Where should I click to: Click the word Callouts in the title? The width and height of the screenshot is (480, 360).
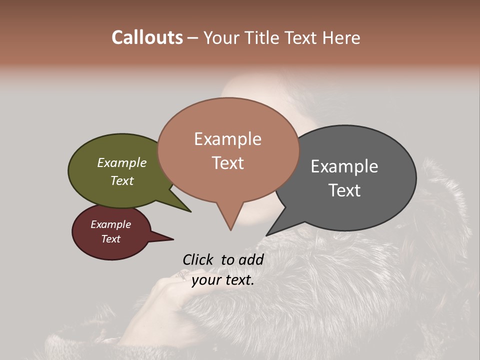coord(147,37)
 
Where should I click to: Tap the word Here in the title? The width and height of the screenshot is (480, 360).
coord(342,37)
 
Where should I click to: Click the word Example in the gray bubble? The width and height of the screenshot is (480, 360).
coord(344,166)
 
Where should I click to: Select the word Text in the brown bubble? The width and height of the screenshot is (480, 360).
coord(228,163)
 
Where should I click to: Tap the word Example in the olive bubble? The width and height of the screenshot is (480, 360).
coord(122,163)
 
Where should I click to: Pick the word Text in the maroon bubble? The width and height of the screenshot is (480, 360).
coord(111,239)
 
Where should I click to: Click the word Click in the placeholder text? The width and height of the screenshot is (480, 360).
coord(197,259)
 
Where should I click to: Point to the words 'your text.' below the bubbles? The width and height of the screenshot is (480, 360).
coord(223,280)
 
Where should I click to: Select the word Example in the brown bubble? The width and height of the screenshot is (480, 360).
coord(228,139)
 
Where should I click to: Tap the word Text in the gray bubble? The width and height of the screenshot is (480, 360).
coord(344,190)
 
